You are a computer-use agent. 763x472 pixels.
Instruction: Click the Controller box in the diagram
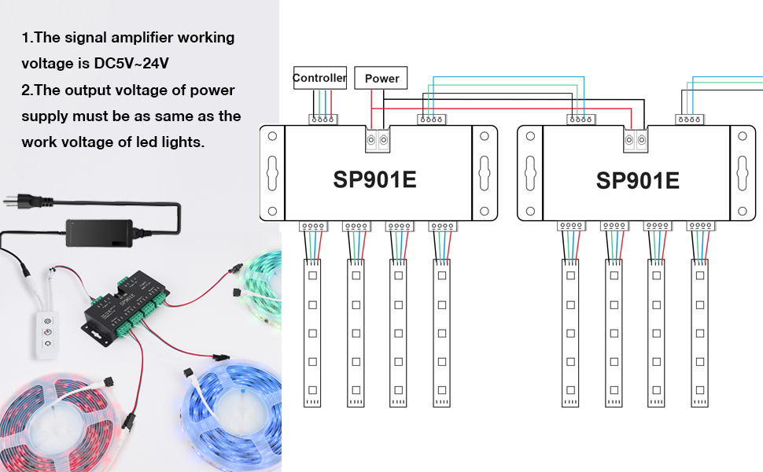319,78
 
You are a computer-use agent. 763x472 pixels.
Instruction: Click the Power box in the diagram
381,78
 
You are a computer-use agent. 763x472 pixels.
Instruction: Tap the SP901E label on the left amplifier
374,180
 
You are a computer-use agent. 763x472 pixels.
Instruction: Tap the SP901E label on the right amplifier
637,180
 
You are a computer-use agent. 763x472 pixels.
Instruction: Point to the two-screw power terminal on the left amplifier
378,140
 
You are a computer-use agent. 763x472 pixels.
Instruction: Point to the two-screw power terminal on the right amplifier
635,140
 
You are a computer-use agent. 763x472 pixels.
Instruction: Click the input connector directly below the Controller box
323,120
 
